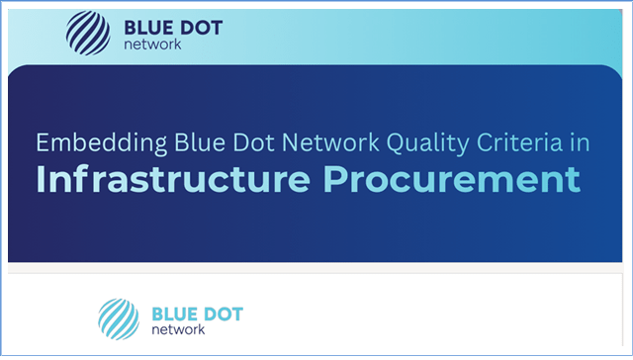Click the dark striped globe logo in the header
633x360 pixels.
pos(88,33)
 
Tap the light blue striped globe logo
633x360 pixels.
pos(119,318)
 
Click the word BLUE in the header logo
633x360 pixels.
pos(147,28)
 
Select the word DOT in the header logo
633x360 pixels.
pos(201,28)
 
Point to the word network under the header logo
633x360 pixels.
pos(152,45)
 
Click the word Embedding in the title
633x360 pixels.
pos(101,143)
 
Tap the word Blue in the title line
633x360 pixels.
pos(200,142)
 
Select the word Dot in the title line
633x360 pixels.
pos(254,142)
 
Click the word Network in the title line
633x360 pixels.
pos(330,142)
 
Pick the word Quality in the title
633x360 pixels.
pos(428,143)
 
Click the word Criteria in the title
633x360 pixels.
pos(519,142)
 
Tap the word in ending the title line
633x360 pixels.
pos(581,142)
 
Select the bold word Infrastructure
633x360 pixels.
pos(173,179)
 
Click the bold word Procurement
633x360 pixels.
pos(452,179)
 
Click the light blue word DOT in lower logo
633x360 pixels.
pos(222,314)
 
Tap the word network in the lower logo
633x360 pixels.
pos(178,329)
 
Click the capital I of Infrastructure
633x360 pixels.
pos(40,179)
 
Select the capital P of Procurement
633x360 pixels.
pos(334,179)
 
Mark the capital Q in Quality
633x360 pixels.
pos(396,143)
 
